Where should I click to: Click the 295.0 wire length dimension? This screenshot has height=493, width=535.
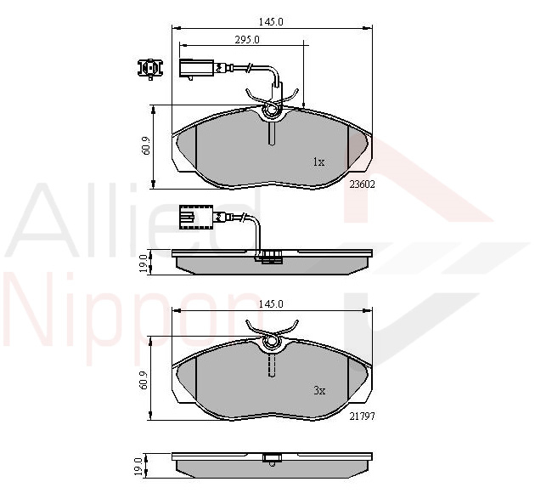click(247, 40)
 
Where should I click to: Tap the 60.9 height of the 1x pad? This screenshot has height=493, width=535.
click(146, 147)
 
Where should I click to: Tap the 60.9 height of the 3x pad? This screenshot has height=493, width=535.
click(144, 380)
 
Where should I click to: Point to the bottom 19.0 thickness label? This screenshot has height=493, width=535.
click(138, 467)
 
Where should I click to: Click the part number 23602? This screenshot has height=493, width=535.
click(362, 184)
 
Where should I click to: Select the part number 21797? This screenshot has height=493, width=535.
click(362, 416)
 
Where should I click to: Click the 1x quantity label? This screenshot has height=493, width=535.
click(319, 161)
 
